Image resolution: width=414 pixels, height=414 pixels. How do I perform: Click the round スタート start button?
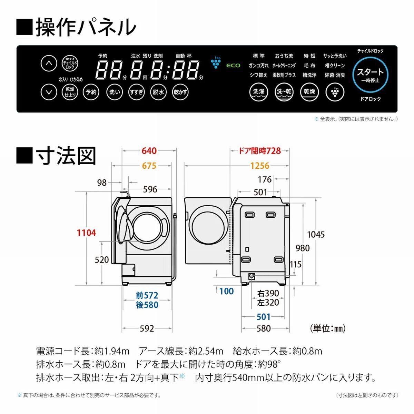click(x=370, y=75)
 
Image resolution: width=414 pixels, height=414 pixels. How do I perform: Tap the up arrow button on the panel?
click(x=49, y=63)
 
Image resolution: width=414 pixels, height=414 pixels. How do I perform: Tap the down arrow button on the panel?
click(x=49, y=92)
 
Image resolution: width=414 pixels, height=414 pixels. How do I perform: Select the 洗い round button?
click(x=114, y=92)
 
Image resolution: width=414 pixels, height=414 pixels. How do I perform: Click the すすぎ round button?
click(x=136, y=92)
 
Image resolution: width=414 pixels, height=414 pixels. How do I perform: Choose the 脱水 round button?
click(x=158, y=92)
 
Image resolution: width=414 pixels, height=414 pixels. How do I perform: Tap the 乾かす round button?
click(x=180, y=92)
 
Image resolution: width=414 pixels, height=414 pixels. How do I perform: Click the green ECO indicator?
click(x=233, y=65)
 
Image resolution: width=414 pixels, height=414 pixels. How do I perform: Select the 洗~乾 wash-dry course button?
click(x=284, y=92)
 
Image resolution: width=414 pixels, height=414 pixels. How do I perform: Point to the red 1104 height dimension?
click(x=86, y=233)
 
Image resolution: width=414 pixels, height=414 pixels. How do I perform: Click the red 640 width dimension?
click(x=149, y=151)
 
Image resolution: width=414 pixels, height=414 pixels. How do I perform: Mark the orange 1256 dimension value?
click(x=259, y=166)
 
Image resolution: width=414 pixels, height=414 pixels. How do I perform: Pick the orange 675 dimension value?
click(x=149, y=166)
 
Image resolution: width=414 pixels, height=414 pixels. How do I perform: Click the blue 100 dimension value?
click(x=226, y=291)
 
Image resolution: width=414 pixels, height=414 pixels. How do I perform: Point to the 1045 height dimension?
click(x=316, y=235)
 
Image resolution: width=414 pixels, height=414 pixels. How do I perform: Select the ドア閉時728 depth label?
click(x=260, y=151)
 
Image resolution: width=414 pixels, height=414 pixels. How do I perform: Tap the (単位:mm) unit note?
click(x=327, y=328)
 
